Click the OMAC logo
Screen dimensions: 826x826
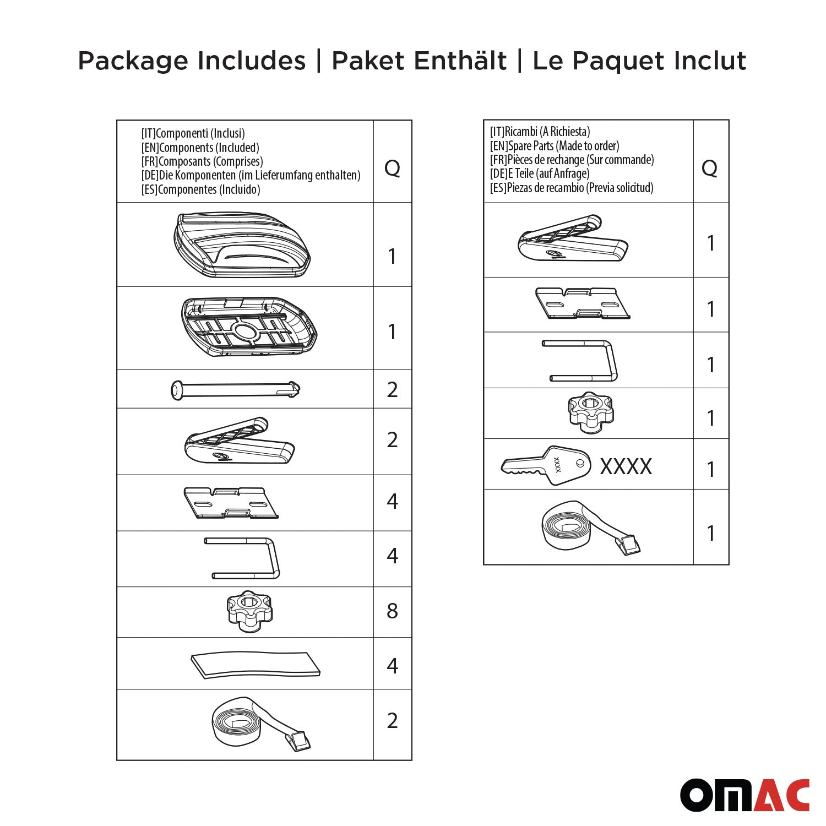tap(745, 795)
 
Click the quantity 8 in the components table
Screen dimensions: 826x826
tap(392, 611)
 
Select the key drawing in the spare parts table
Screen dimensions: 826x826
tap(545, 466)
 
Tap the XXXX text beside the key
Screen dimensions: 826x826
tap(626, 467)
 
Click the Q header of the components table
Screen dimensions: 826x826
tap(392, 167)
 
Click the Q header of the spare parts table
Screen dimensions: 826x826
tap(709, 167)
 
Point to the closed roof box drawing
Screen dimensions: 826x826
tap(242, 244)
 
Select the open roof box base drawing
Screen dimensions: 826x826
tap(249, 327)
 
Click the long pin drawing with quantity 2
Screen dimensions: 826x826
tap(236, 390)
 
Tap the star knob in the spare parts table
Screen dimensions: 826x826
tap(590, 412)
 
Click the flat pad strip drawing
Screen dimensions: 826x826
tap(256, 665)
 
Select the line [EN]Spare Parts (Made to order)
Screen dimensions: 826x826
tap(555, 146)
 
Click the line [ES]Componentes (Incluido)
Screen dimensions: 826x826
tap(200, 189)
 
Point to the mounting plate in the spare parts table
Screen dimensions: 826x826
tap(582, 303)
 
